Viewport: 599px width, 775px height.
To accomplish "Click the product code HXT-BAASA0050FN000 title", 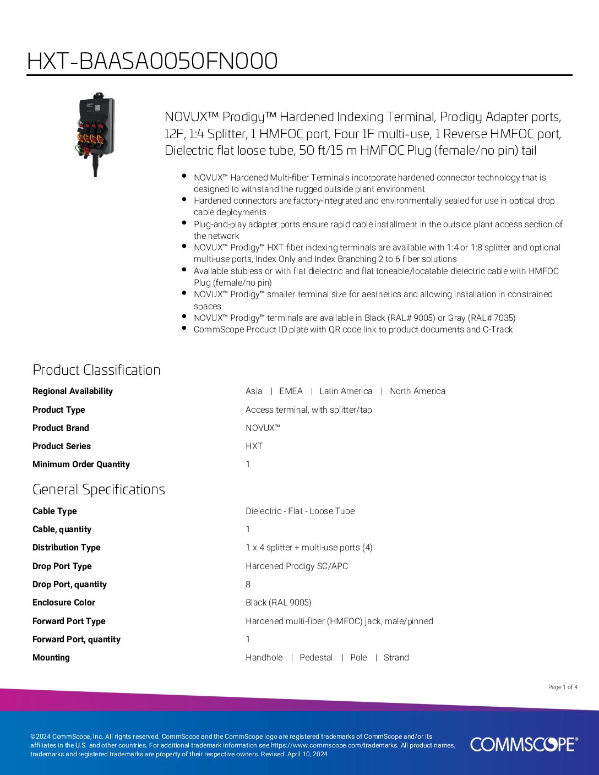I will click(x=152, y=61).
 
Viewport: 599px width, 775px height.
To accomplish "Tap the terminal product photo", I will click(x=96, y=133).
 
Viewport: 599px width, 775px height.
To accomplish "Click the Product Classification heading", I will click(x=96, y=370).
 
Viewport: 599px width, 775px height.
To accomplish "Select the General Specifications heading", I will click(x=99, y=489).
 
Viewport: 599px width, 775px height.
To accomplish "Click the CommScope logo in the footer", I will click(x=524, y=744).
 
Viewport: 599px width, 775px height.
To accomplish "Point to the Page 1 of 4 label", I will click(x=563, y=687).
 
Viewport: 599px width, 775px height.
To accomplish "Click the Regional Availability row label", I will click(x=73, y=391).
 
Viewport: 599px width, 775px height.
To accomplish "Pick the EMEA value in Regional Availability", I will click(x=291, y=391).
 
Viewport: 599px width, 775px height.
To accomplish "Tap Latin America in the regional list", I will click(x=346, y=391).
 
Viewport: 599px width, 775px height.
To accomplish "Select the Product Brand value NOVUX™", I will click(x=263, y=428).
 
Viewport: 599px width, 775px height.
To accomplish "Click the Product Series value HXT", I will click(x=254, y=446).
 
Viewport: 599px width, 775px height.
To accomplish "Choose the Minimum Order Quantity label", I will click(x=81, y=465).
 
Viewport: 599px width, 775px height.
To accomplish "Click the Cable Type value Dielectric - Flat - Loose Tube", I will click(x=300, y=511).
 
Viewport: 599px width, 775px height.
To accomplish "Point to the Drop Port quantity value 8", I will click(x=248, y=585).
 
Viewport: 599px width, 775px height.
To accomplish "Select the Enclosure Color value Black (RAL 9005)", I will click(x=279, y=603).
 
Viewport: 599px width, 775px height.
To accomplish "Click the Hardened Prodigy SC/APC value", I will click(x=297, y=566).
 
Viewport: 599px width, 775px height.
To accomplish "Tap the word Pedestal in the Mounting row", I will click(x=316, y=658).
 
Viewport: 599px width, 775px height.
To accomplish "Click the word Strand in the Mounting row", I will click(x=396, y=658).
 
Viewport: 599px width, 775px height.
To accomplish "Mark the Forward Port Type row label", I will click(x=69, y=621).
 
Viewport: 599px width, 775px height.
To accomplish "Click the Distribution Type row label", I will click(x=67, y=548).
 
